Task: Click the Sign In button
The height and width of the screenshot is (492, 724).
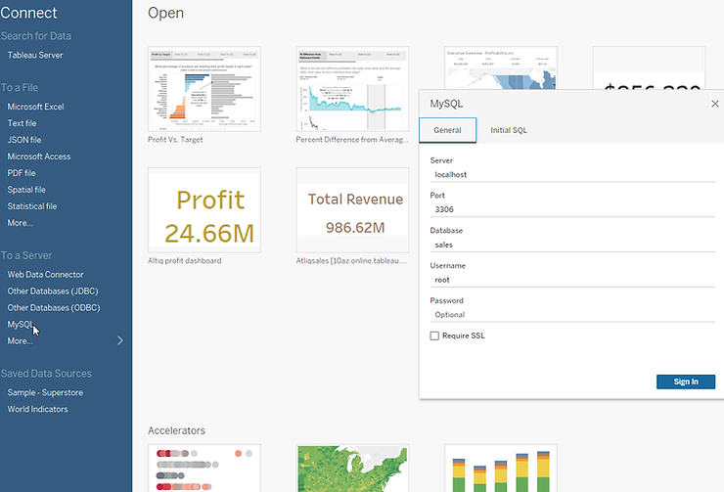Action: point(686,381)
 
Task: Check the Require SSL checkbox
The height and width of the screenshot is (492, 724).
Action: point(434,335)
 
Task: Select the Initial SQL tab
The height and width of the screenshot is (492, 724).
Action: point(509,130)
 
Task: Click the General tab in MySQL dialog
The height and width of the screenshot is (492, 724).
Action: point(447,130)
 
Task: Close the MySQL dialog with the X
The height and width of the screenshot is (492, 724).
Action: point(714,103)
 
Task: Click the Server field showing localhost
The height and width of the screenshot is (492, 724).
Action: point(572,174)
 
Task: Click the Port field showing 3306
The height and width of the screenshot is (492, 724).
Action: point(572,209)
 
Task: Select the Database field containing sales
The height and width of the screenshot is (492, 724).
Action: point(572,245)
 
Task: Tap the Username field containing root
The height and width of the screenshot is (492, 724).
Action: point(572,280)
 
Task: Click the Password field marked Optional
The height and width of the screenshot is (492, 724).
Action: point(572,315)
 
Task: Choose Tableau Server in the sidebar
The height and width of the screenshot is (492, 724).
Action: point(35,56)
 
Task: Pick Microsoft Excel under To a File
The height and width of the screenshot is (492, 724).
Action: point(35,107)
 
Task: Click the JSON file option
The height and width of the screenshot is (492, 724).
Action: point(24,140)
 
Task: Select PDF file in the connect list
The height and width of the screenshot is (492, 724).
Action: point(22,173)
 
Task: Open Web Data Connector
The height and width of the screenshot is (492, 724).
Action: point(45,275)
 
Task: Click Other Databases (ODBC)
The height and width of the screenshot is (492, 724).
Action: point(54,308)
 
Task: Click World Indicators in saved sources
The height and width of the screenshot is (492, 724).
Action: point(38,409)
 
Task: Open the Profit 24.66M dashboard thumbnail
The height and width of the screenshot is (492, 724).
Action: point(204,211)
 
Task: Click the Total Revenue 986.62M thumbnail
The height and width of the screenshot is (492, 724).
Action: point(352,211)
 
